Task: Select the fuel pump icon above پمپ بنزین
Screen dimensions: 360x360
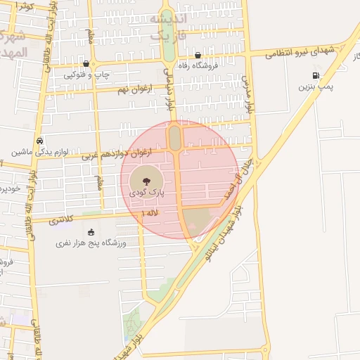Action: point(315,75)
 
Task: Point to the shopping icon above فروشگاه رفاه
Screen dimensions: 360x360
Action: point(198,55)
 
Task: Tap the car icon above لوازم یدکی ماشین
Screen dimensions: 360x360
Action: point(39,140)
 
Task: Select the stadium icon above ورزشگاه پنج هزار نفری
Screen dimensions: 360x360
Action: point(91,232)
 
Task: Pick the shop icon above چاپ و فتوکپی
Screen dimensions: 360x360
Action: point(86,63)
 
